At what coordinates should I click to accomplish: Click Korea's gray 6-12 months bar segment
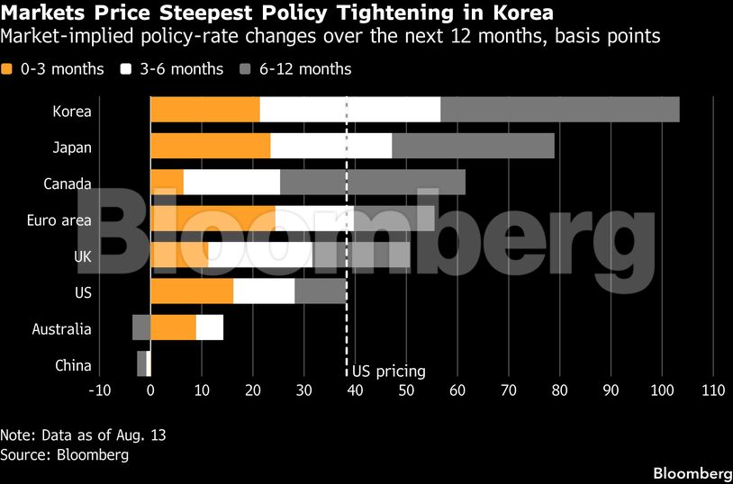pos(560,110)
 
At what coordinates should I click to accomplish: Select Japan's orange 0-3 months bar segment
pos(211,146)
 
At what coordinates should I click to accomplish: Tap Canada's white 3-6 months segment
pos(231,183)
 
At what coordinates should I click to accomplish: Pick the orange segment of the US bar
pos(192,291)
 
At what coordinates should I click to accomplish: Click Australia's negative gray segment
pos(141,327)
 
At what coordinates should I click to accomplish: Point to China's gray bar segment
pos(141,363)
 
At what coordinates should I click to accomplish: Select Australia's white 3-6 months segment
pos(210,327)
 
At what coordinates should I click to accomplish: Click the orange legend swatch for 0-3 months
pos(6,69)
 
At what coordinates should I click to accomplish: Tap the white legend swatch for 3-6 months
pos(126,69)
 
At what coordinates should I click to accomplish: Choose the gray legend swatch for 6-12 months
pos(246,69)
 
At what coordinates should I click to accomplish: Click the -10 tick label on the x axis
pos(99,390)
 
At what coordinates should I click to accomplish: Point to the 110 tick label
pos(713,390)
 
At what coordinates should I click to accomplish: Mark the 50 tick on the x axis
pos(406,390)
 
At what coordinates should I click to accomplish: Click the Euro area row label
pos(59,220)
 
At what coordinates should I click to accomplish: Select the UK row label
pos(83,256)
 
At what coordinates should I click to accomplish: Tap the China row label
pos(73,365)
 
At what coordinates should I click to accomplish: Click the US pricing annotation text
pos(389,372)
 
